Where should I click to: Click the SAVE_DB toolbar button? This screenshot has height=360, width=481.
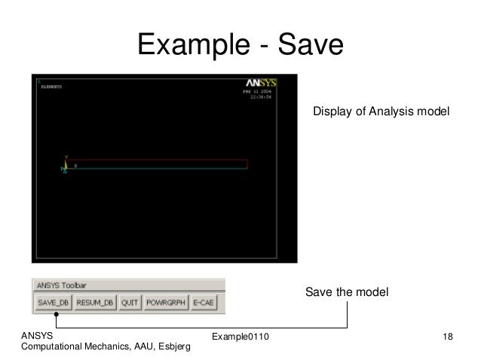click(x=54, y=303)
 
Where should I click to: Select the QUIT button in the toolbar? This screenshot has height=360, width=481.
click(x=130, y=303)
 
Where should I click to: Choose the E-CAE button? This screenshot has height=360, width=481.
click(x=203, y=303)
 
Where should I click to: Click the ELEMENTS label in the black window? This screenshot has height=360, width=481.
click(x=52, y=87)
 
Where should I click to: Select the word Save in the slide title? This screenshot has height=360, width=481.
click(x=311, y=47)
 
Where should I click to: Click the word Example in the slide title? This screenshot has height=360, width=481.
click(x=192, y=47)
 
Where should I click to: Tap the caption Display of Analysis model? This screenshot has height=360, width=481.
click(x=381, y=111)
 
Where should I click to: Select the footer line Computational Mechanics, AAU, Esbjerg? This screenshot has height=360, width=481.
click(x=106, y=346)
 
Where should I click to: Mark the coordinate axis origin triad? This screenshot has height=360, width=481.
click(x=66, y=167)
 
